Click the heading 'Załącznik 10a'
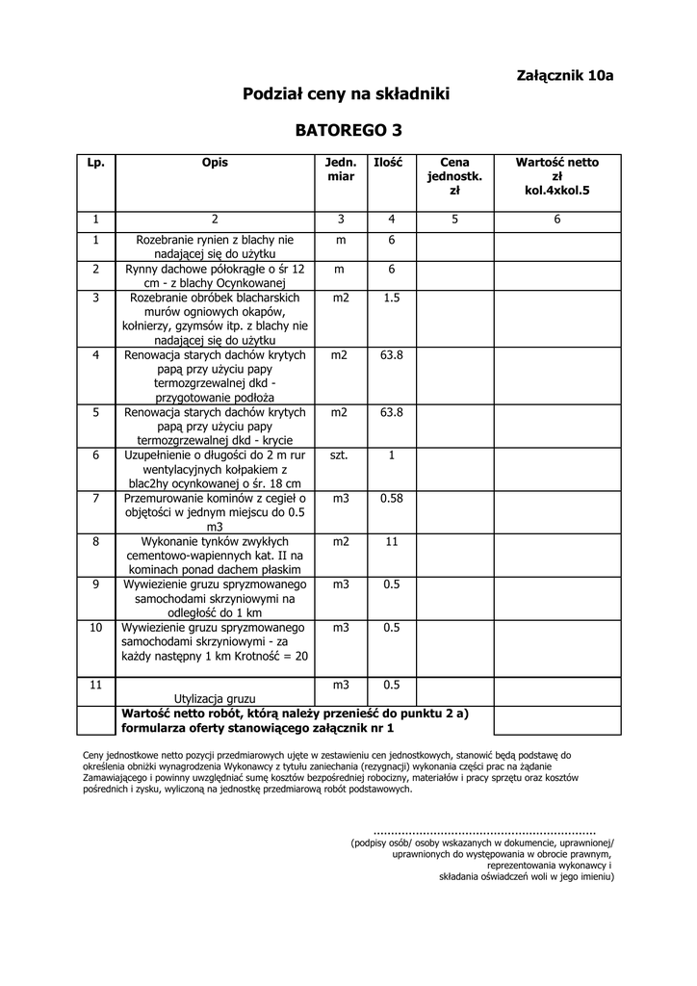tap(564, 75)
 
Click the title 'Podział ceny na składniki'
tap(347, 94)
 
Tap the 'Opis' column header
tap(216, 164)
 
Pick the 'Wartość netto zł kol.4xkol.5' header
tap(556, 176)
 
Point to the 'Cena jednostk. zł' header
tap(454, 176)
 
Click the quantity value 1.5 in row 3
tap(392, 298)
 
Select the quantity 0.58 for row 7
tap(392, 499)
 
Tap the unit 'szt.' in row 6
tap(340, 454)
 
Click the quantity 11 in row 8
tap(392, 542)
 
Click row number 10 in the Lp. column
tap(96, 628)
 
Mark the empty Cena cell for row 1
tap(454, 246)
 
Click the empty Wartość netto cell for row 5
tap(556, 427)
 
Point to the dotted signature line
tap(484, 830)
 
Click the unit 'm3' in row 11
tap(340, 686)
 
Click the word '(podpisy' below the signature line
tap(371, 843)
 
